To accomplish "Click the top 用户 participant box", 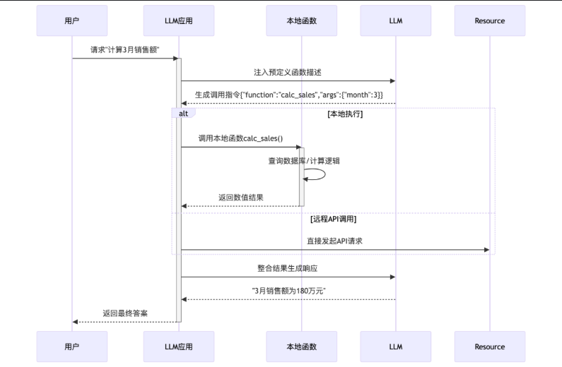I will point(71,20).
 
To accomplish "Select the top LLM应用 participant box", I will point(178,20).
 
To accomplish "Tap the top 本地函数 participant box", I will point(301,20).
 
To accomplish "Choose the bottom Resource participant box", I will point(489,347).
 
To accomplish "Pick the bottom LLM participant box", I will point(395,347).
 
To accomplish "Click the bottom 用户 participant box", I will point(71,347).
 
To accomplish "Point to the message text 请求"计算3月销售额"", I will point(124,49).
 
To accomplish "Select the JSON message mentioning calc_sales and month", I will point(289,95).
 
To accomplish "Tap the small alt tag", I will point(183,113).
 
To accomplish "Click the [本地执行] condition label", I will point(345,114).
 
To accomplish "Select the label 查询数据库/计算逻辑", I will point(304,161).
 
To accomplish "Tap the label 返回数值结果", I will point(241,198).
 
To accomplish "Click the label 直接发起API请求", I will point(335,241).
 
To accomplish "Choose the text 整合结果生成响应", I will point(288,268).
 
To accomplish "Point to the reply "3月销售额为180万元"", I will point(288,291).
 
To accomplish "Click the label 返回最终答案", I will point(125,313).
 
